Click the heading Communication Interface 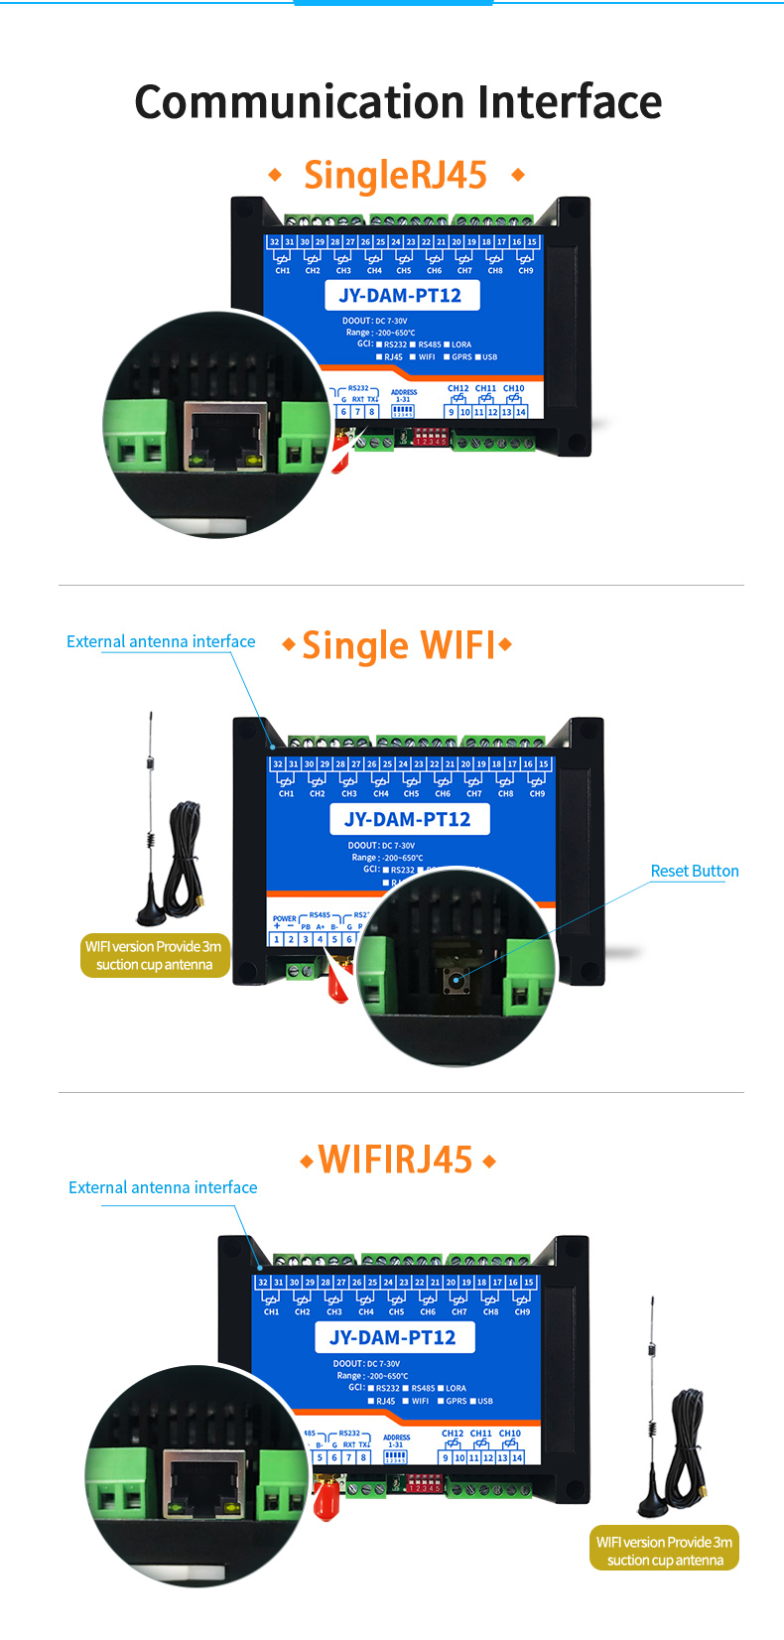[398, 102]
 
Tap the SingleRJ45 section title [395, 175]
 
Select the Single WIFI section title [398, 645]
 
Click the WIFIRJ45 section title [395, 1160]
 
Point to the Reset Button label [694, 871]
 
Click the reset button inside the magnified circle [457, 980]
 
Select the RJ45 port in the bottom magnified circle [204, 1483]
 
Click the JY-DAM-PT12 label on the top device [401, 295]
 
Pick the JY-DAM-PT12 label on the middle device [408, 819]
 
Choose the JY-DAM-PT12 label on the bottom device [393, 1337]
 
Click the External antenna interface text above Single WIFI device [161, 641]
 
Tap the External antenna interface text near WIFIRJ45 [163, 1187]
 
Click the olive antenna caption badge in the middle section [154, 955]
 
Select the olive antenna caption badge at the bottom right [664, 1551]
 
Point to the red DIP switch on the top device [429, 436]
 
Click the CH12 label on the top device [457, 388]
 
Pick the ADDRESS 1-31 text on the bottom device [396, 1440]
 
